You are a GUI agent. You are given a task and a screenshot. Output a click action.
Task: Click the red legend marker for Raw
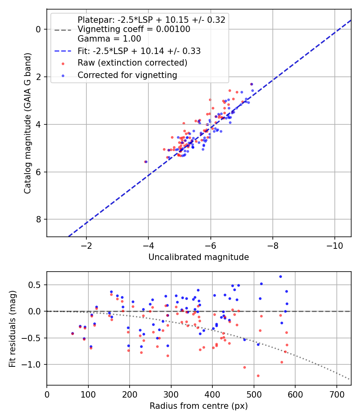coord(63,64)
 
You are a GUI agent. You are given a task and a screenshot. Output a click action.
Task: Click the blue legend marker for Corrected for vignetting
coord(63,76)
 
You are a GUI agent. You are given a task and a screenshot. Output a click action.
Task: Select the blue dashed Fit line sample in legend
coord(63,51)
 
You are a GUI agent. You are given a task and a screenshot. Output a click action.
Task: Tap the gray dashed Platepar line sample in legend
coord(63,30)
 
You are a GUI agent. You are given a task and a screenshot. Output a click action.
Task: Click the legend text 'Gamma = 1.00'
coord(109,39)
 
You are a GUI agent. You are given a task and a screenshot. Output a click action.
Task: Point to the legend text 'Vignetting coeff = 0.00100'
coord(134,29)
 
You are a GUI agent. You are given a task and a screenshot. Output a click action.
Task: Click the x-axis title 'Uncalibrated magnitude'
coord(199,257)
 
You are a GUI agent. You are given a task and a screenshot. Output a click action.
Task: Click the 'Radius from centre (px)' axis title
coord(199,406)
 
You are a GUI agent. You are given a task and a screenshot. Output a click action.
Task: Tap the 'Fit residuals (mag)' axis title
coord(12,329)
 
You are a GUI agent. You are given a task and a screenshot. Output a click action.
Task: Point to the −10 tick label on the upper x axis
coord(334,246)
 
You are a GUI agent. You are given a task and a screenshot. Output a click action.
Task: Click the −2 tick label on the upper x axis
coord(86,246)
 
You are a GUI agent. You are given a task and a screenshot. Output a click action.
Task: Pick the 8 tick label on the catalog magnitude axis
coord(38,219)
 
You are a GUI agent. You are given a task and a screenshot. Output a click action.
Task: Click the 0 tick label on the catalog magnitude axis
coord(38,29)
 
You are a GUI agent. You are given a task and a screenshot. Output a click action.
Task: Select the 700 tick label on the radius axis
coord(336,394)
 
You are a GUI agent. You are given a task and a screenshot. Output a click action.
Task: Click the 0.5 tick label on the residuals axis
coord(35,285)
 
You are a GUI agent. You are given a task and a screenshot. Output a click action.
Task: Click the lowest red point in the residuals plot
coord(258,376)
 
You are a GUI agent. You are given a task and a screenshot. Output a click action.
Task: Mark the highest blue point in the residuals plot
coord(280,277)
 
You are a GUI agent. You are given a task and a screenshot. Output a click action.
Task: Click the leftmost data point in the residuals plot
coord(72,334)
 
